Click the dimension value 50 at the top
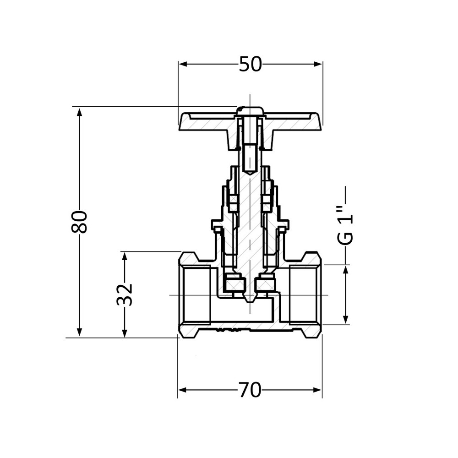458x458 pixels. tap(250, 65)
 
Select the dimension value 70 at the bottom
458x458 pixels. tap(250, 390)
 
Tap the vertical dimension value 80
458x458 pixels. tap(80, 222)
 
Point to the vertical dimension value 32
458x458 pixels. tap(124, 294)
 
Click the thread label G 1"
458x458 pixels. tap(348, 226)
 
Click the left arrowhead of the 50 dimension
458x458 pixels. tap(183, 64)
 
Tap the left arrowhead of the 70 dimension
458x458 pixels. tap(182, 390)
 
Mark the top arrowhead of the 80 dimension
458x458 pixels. tap(79, 112)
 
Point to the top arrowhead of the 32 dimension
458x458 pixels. tap(124, 256)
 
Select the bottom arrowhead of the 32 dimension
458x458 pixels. tap(124, 333)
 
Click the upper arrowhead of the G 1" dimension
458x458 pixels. tap(346, 270)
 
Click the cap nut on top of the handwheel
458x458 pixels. tap(250, 111)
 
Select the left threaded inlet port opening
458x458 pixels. tap(196, 294)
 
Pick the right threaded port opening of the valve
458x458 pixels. tap(304, 294)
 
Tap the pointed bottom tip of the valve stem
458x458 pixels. tap(250, 300)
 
